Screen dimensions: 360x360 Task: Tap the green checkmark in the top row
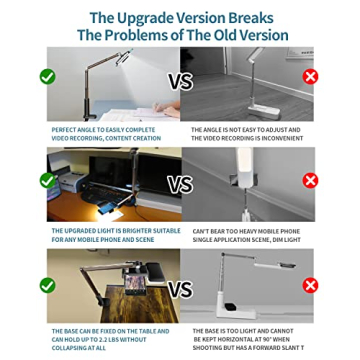47,76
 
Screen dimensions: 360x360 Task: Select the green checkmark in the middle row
47,181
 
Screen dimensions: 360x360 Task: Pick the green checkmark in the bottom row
47,285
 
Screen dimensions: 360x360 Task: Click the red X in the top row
310,76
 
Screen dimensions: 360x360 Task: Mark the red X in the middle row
310,181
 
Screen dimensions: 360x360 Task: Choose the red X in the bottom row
310,285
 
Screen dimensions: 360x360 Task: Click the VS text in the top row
180,81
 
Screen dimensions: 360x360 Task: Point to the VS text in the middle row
180,185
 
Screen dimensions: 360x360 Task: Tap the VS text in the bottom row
180,290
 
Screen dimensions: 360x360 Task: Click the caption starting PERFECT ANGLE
105,133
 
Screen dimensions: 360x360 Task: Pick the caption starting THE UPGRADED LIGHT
115,234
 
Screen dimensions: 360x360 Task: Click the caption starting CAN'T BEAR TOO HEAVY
245,234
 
